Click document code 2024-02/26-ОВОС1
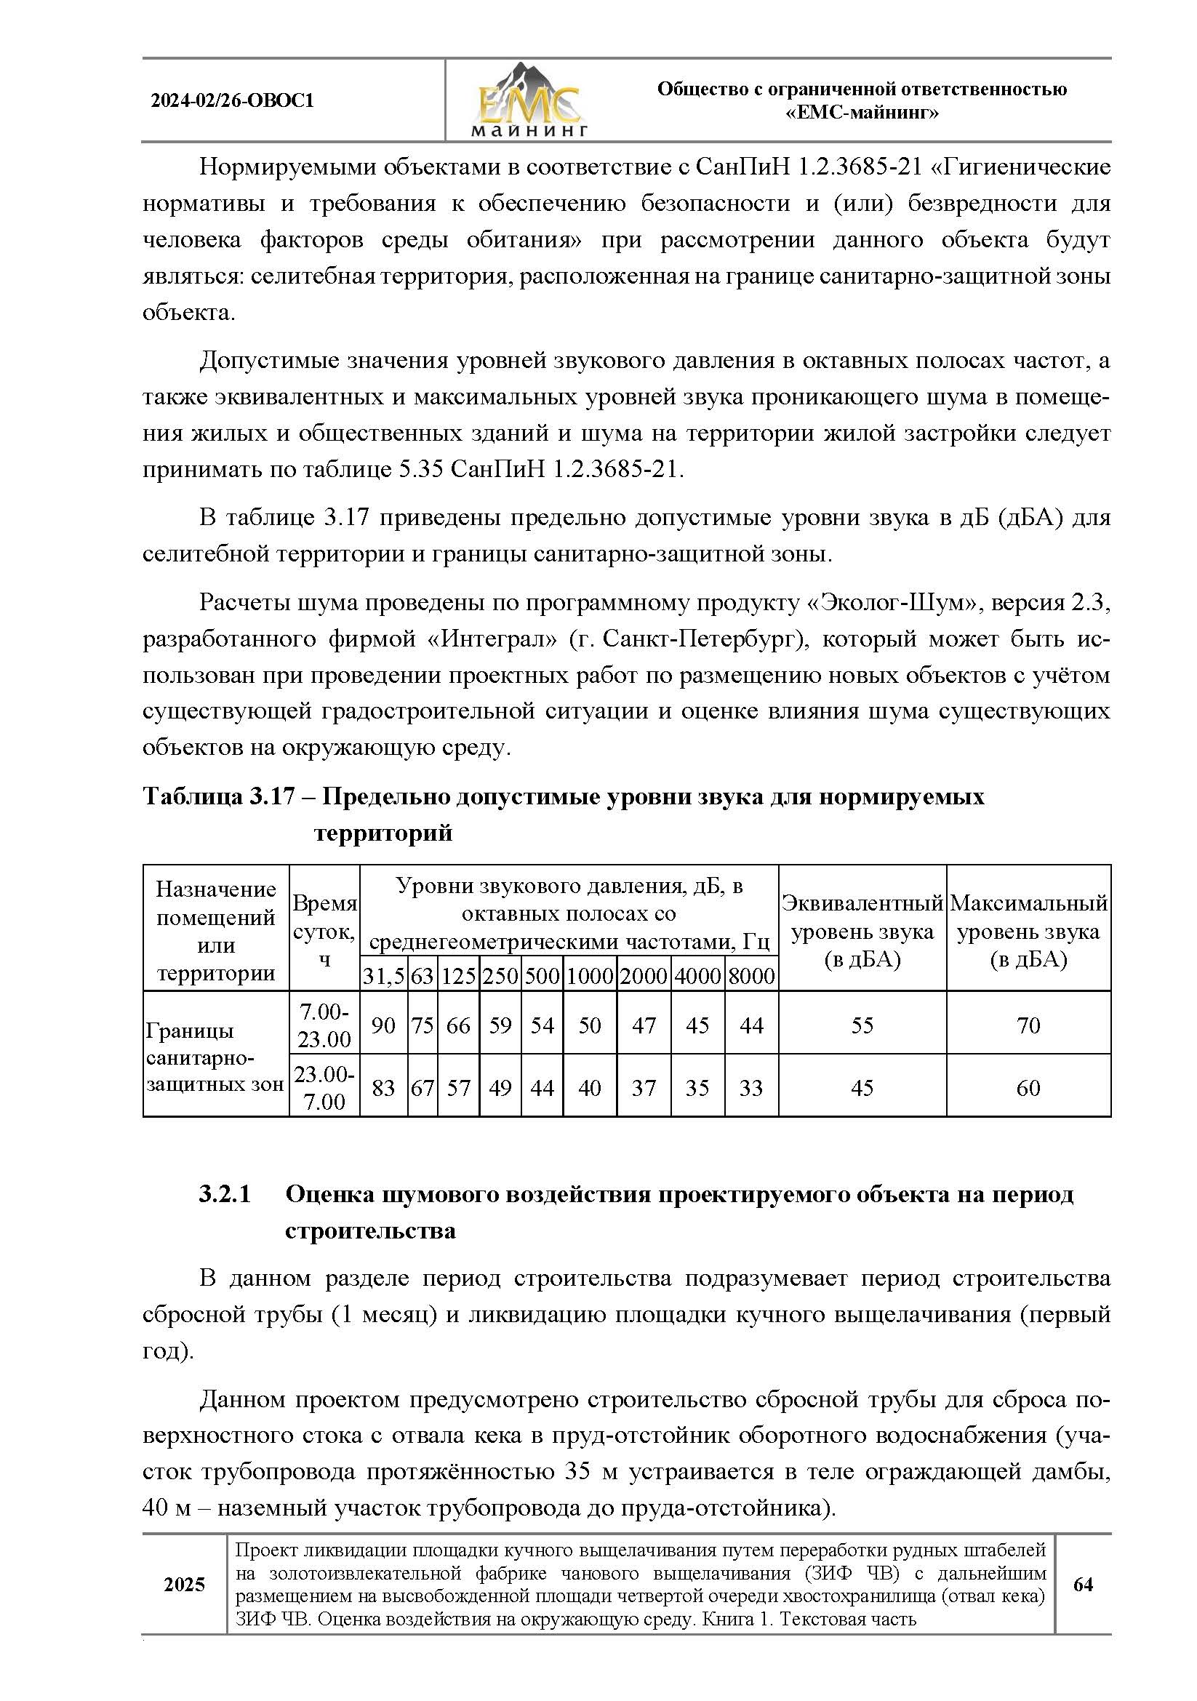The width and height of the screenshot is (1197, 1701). [x=233, y=101]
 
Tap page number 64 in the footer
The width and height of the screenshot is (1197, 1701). [x=1083, y=1584]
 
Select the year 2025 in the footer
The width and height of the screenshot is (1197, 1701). [x=184, y=1584]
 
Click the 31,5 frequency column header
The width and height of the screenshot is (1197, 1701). [x=383, y=977]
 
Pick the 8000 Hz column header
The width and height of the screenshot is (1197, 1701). [x=751, y=977]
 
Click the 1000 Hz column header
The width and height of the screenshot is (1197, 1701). [x=590, y=977]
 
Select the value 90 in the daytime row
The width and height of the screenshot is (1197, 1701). [x=383, y=1025]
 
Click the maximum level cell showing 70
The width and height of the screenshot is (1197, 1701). [x=1028, y=1025]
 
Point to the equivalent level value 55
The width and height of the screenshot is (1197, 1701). [x=862, y=1025]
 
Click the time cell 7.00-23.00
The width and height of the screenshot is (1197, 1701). [x=324, y=1025]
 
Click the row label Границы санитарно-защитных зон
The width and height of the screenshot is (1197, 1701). [x=215, y=1057]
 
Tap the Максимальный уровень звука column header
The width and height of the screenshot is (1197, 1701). [x=1028, y=932]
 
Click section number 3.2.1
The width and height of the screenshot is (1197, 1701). [x=225, y=1194]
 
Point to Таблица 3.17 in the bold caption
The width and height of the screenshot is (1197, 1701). [x=219, y=796]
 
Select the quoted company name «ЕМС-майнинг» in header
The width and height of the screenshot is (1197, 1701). [x=862, y=113]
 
